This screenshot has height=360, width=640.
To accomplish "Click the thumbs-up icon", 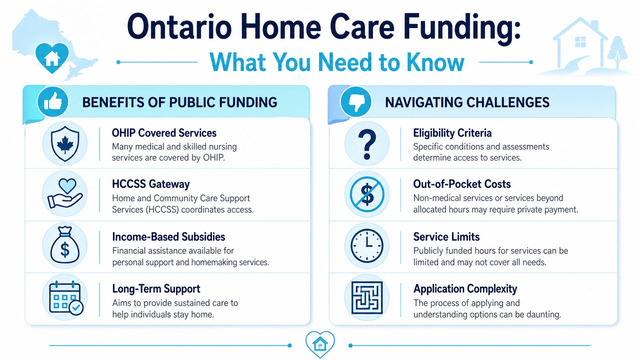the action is [53, 102].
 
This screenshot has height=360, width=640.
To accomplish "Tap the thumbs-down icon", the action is [356, 102].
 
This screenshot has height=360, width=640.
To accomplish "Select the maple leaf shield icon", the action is [65, 143].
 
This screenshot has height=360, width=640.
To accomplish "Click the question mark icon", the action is [367, 144].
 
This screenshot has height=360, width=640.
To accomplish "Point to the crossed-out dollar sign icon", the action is [367, 194].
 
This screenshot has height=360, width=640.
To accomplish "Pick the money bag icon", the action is [65, 245].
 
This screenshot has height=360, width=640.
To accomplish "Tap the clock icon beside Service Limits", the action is [367, 245].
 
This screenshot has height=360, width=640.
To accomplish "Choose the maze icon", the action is [367, 297].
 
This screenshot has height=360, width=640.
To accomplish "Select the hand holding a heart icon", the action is [65, 193].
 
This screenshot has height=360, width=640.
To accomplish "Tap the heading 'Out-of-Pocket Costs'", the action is [462, 184].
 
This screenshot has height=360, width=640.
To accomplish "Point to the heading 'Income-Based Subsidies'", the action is [168, 237].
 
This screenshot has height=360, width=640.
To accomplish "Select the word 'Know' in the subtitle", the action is [435, 62].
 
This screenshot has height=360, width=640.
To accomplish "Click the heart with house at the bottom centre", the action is [320, 343].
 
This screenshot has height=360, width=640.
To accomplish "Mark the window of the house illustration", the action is [580, 41].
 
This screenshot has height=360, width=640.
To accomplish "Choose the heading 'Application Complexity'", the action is [465, 289].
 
